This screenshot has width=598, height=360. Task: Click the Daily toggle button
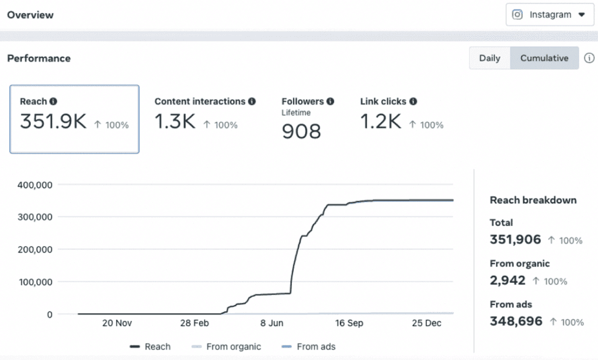pyautogui.click(x=489, y=58)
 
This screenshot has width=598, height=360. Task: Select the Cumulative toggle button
pyautogui.click(x=544, y=58)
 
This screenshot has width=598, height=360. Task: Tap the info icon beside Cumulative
pyautogui.click(x=589, y=58)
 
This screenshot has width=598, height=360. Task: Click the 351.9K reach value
pyautogui.click(x=53, y=122)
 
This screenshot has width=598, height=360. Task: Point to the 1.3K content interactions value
pyautogui.click(x=175, y=122)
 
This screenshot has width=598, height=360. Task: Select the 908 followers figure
pyautogui.click(x=301, y=131)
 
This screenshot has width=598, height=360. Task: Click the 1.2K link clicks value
pyautogui.click(x=380, y=122)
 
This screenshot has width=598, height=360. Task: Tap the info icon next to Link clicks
pyautogui.click(x=413, y=102)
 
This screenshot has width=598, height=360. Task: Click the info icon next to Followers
pyautogui.click(x=331, y=102)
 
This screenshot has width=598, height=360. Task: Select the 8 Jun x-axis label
pyautogui.click(x=271, y=323)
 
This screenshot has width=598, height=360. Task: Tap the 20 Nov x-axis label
pyautogui.click(x=116, y=323)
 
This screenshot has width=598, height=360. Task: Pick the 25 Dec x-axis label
pyautogui.click(x=426, y=323)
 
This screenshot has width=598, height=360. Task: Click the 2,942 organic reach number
pyautogui.click(x=508, y=281)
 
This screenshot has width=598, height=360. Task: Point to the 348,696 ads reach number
pyautogui.click(x=516, y=321)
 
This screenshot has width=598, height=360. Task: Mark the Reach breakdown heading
pyautogui.click(x=533, y=200)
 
